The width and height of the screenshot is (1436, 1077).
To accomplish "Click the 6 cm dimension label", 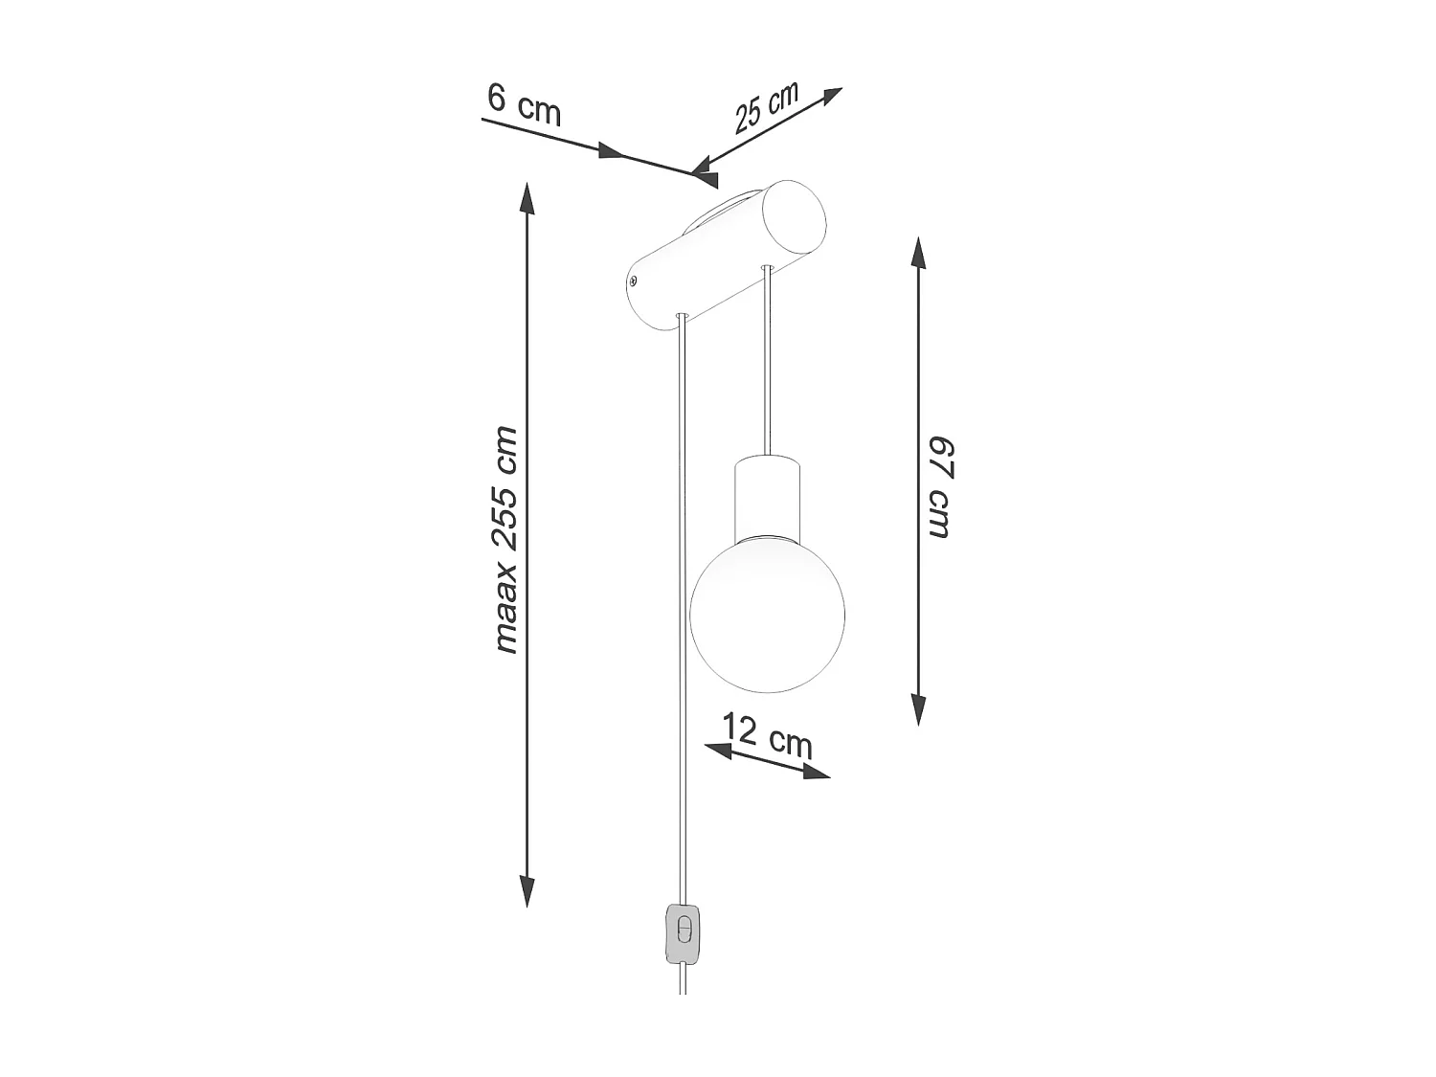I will [523, 104].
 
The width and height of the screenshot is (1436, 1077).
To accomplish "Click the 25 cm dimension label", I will [766, 108].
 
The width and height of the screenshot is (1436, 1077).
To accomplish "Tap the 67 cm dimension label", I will [939, 487].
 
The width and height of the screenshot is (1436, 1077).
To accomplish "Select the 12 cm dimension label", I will [767, 734].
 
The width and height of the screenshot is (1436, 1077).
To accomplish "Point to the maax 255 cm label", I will [505, 541].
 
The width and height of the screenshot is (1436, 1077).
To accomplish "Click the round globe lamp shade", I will [767, 612].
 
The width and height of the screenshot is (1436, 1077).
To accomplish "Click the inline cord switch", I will [684, 933].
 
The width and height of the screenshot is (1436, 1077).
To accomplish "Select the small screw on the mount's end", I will [633, 280].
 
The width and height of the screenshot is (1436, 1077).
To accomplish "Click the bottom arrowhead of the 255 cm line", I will [526, 890].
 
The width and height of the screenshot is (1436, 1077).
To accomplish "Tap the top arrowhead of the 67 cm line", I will [918, 254].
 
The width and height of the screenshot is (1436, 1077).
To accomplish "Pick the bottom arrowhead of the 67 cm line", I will [918, 709].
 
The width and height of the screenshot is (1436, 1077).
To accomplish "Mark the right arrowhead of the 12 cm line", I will [816, 772].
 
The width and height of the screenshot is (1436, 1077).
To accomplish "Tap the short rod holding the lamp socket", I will [766, 364].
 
